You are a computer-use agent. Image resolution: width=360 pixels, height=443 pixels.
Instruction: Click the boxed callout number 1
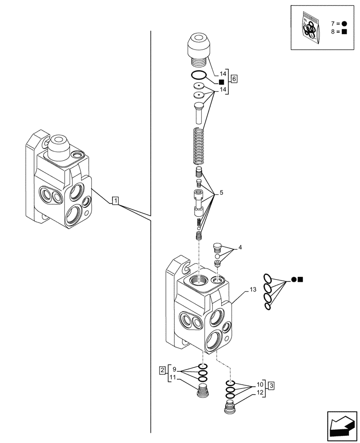click(x=115, y=202)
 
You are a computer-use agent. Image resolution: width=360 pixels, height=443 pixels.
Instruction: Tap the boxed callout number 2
click(x=163, y=369)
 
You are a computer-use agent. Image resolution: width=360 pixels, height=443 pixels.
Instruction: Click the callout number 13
click(x=252, y=290)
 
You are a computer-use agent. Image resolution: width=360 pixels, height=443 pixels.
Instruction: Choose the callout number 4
click(x=240, y=247)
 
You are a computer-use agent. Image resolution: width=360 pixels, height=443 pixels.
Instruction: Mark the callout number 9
click(x=174, y=369)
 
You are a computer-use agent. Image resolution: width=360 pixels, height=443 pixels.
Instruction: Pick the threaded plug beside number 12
click(x=231, y=407)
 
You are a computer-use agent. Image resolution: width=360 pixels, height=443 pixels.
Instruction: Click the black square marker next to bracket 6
click(x=221, y=82)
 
